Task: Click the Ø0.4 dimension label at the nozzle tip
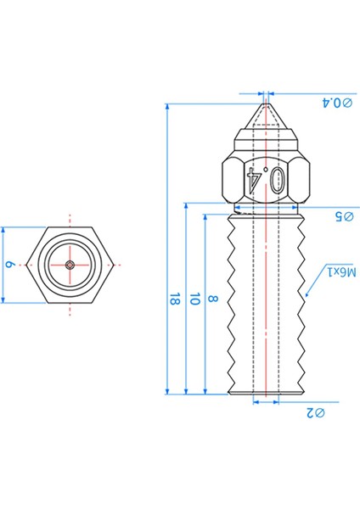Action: (338, 103)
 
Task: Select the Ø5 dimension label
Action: (343, 216)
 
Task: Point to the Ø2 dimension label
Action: (316, 413)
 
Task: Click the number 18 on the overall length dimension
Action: (174, 299)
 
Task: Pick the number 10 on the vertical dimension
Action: (194, 299)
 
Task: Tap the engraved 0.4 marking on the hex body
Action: (267, 177)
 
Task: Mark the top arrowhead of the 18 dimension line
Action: (168, 108)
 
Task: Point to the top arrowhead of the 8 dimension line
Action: (205, 217)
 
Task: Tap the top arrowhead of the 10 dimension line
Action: (186, 207)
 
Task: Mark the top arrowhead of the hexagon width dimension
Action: (4, 230)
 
